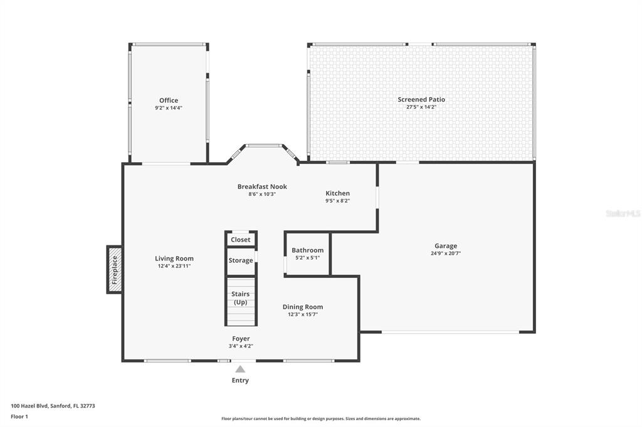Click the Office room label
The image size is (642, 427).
(169, 100)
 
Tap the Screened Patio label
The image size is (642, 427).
(421, 100)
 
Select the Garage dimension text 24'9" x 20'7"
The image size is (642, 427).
(446, 253)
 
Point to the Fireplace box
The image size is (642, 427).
(115, 269)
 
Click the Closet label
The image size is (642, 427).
(240, 240)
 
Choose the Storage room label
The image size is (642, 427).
(241, 260)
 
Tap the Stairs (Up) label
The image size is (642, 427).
(240, 298)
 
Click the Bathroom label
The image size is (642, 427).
(307, 250)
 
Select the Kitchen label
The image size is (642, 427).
(338, 193)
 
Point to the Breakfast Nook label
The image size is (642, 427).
(262, 187)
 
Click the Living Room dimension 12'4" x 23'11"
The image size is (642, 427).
(174, 266)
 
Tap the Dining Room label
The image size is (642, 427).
(303, 307)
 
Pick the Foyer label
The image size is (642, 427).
(241, 339)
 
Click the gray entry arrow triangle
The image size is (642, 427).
(240, 369)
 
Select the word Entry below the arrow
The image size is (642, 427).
(240, 381)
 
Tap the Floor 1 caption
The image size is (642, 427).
(19, 417)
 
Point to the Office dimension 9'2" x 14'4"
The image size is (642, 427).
(169, 108)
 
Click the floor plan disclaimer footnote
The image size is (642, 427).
(321, 419)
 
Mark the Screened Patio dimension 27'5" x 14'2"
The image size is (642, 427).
(421, 107)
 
